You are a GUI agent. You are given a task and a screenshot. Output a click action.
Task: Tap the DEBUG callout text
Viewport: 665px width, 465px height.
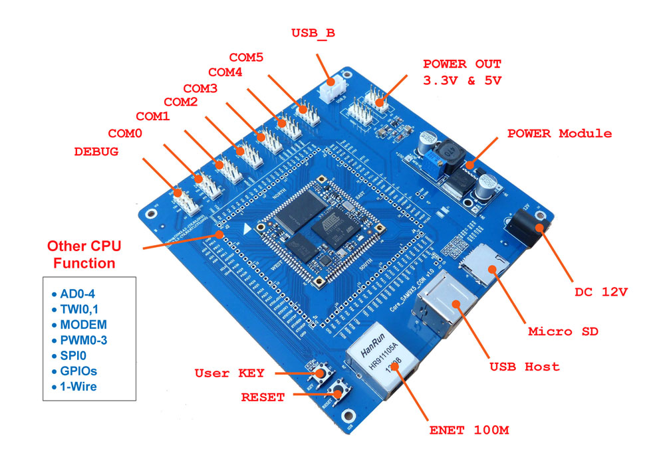click(96, 151)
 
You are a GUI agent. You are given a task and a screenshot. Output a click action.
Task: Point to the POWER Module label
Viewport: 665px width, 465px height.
click(559, 133)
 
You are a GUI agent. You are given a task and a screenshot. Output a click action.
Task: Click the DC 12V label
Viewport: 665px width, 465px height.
click(601, 291)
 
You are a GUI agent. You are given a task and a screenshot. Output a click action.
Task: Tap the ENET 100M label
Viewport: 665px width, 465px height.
click(469, 430)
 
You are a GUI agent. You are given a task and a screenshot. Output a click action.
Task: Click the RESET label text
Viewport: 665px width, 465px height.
click(263, 397)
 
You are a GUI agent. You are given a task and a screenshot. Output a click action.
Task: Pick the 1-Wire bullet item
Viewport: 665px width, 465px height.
click(78, 385)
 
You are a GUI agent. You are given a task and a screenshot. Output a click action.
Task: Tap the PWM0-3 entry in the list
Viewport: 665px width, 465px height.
click(84, 339)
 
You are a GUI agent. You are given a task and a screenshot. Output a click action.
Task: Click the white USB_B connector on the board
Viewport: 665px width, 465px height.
click(333, 90)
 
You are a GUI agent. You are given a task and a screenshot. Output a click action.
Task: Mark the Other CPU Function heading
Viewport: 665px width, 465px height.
click(84, 254)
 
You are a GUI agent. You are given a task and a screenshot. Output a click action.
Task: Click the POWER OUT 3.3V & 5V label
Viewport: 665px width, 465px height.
click(462, 72)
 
